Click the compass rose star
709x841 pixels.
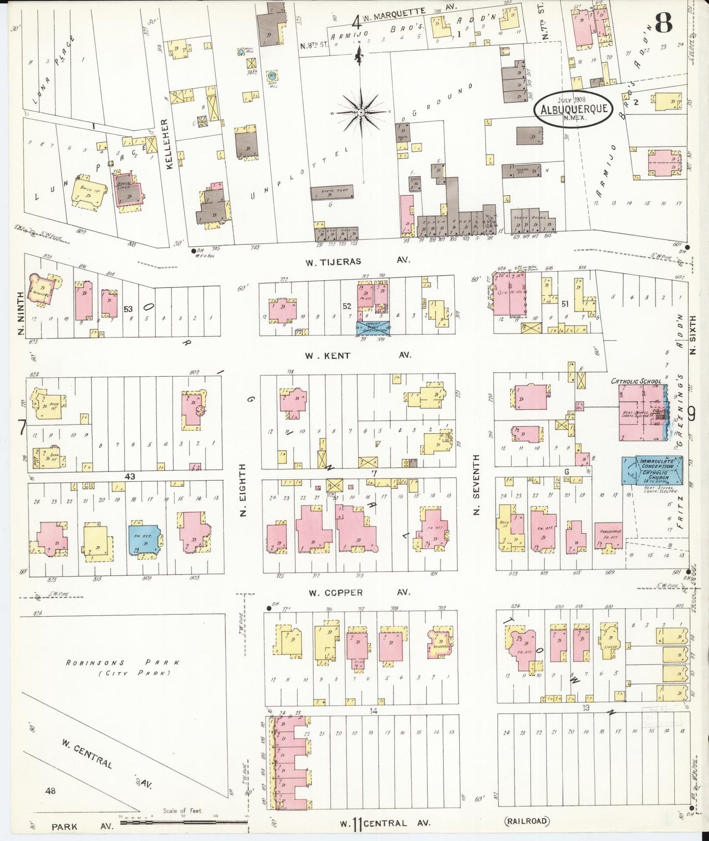click(361, 112)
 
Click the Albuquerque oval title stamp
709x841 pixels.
click(574, 109)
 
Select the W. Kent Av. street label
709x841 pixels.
click(357, 355)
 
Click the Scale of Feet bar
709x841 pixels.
click(184, 821)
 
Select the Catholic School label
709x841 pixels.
click(636, 381)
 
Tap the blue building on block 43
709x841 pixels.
click(144, 539)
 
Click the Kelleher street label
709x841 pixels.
click(169, 144)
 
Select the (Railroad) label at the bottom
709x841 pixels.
click(526, 820)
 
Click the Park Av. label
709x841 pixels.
click(82, 826)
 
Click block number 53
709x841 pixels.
click(129, 309)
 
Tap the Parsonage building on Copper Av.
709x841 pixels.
click(608, 536)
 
